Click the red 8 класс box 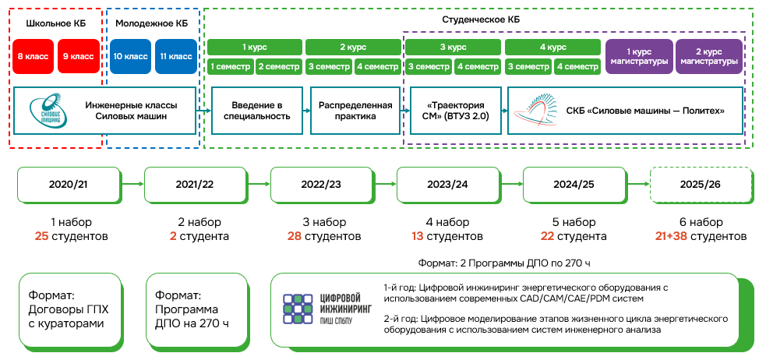tap(34, 56)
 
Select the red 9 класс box tap(78, 56)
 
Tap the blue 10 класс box tap(130, 56)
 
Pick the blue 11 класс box tap(175, 56)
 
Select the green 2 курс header tap(352, 46)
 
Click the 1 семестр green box tap(230, 66)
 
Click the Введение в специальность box tap(256, 111)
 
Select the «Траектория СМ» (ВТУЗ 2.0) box tap(454, 111)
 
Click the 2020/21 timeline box tap(69, 185)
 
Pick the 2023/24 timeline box tap(447, 185)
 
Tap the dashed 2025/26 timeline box tap(700, 185)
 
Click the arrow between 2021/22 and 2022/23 tap(259, 185)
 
